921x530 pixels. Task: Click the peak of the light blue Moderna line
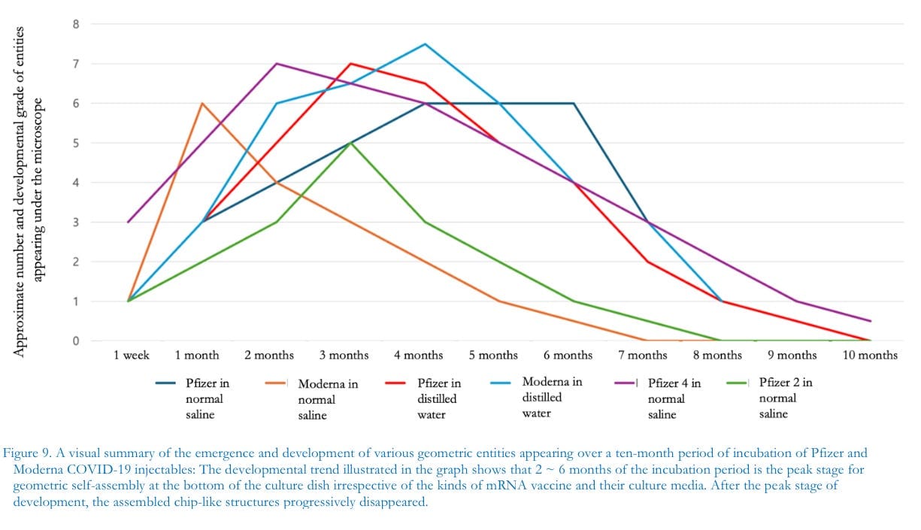(425, 44)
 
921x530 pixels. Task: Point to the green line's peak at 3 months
(350, 143)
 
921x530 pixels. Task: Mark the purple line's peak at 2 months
(277, 64)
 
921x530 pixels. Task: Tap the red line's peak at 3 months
(350, 64)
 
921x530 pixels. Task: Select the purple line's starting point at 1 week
(129, 222)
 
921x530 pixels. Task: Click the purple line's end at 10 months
(871, 321)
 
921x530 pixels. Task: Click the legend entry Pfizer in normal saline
(192, 398)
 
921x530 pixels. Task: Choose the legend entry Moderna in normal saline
(312, 399)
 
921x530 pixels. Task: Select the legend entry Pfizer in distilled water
(423, 398)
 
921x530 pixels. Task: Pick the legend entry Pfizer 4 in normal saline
(658, 398)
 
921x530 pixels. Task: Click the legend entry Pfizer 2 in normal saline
(770, 398)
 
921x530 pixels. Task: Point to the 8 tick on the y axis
(76, 24)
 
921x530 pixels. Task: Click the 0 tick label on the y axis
(76, 341)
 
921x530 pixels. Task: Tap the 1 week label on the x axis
(131, 356)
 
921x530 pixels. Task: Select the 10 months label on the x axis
(870, 356)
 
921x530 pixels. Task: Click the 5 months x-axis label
(493, 356)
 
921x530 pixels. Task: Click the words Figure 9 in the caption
(26, 453)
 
